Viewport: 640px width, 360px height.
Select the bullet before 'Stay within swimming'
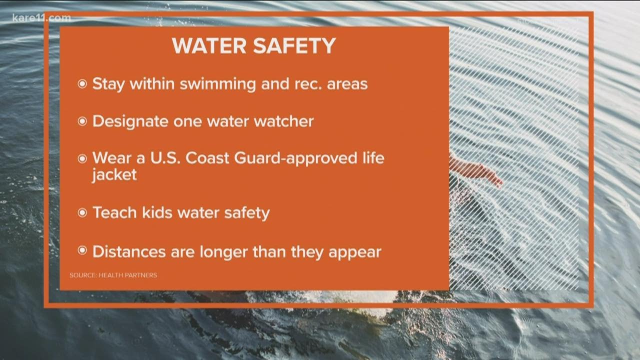82,84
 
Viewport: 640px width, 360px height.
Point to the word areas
347,84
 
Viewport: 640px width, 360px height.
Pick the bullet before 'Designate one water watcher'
82,122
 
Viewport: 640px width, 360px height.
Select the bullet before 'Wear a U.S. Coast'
82,159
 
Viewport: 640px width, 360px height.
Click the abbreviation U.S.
165,158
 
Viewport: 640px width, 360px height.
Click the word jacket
114,175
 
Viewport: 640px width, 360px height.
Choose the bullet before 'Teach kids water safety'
82,213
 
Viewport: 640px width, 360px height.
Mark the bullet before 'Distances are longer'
82,251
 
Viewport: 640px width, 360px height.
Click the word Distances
129,251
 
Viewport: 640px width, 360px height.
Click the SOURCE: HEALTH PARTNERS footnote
113,275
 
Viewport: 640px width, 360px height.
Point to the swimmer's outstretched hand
492,177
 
